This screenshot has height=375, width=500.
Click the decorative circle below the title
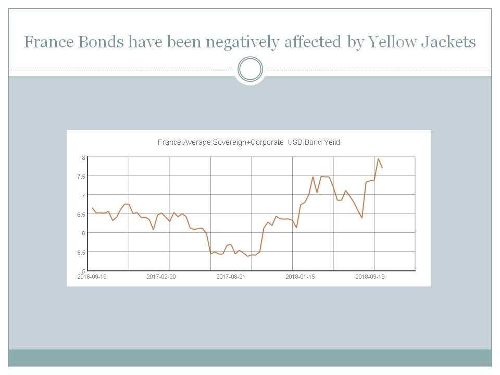(x=250, y=69)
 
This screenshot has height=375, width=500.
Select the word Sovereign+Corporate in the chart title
(x=248, y=142)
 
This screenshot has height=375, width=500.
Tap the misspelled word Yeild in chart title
(x=330, y=142)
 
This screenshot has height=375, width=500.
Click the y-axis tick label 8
(x=83, y=157)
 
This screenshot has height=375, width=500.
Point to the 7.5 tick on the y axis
(x=81, y=177)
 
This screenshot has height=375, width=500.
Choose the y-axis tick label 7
(x=83, y=195)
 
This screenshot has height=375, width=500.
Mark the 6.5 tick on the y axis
(x=81, y=214)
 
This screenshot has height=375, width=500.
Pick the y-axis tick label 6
(x=83, y=233)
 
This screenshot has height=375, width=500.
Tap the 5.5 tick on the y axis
(x=81, y=252)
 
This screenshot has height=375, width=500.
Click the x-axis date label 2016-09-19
(x=92, y=277)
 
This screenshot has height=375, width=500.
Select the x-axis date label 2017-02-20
(x=161, y=277)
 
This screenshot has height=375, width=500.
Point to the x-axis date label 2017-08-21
(x=231, y=277)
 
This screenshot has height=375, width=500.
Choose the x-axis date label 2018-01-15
(x=300, y=277)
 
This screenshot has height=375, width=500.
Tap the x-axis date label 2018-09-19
(x=370, y=277)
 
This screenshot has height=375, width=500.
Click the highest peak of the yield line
(x=378, y=159)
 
